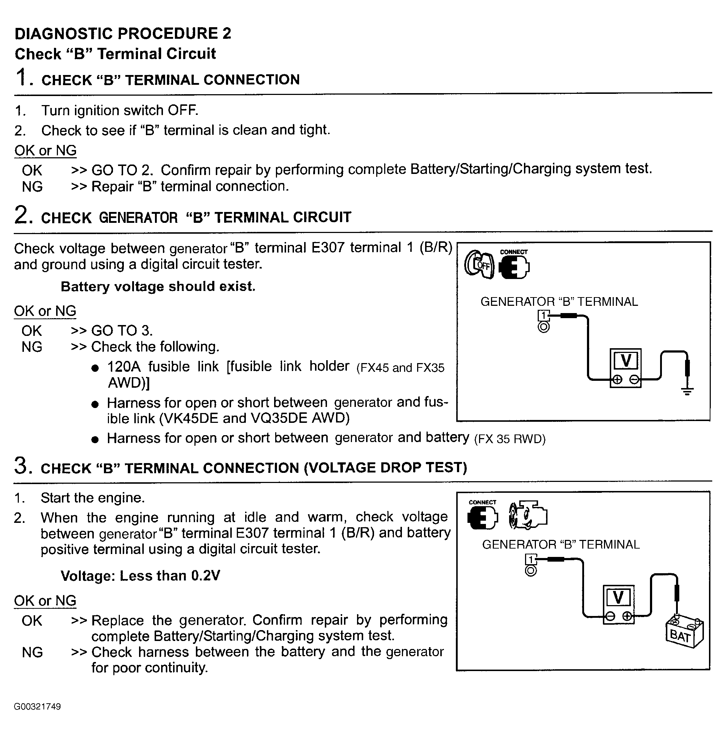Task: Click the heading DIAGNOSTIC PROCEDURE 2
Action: (x=123, y=34)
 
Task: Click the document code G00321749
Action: (x=37, y=707)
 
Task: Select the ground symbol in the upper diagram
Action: (x=687, y=391)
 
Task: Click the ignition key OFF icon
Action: (x=479, y=265)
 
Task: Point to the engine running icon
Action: (x=528, y=516)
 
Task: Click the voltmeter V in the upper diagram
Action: (x=626, y=360)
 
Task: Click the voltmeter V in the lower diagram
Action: (x=618, y=598)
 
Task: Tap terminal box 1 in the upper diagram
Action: (x=544, y=316)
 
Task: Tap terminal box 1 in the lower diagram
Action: (x=531, y=559)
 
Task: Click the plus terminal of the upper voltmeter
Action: (x=617, y=380)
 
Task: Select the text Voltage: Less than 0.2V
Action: (x=140, y=576)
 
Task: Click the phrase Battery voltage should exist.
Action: (x=158, y=287)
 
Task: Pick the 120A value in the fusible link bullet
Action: (x=124, y=367)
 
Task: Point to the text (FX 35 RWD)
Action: (x=510, y=439)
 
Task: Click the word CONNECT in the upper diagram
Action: (x=513, y=252)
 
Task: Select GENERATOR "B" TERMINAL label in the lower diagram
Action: (x=561, y=544)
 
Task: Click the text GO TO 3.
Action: (x=122, y=330)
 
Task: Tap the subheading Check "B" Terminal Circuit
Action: (x=115, y=54)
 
